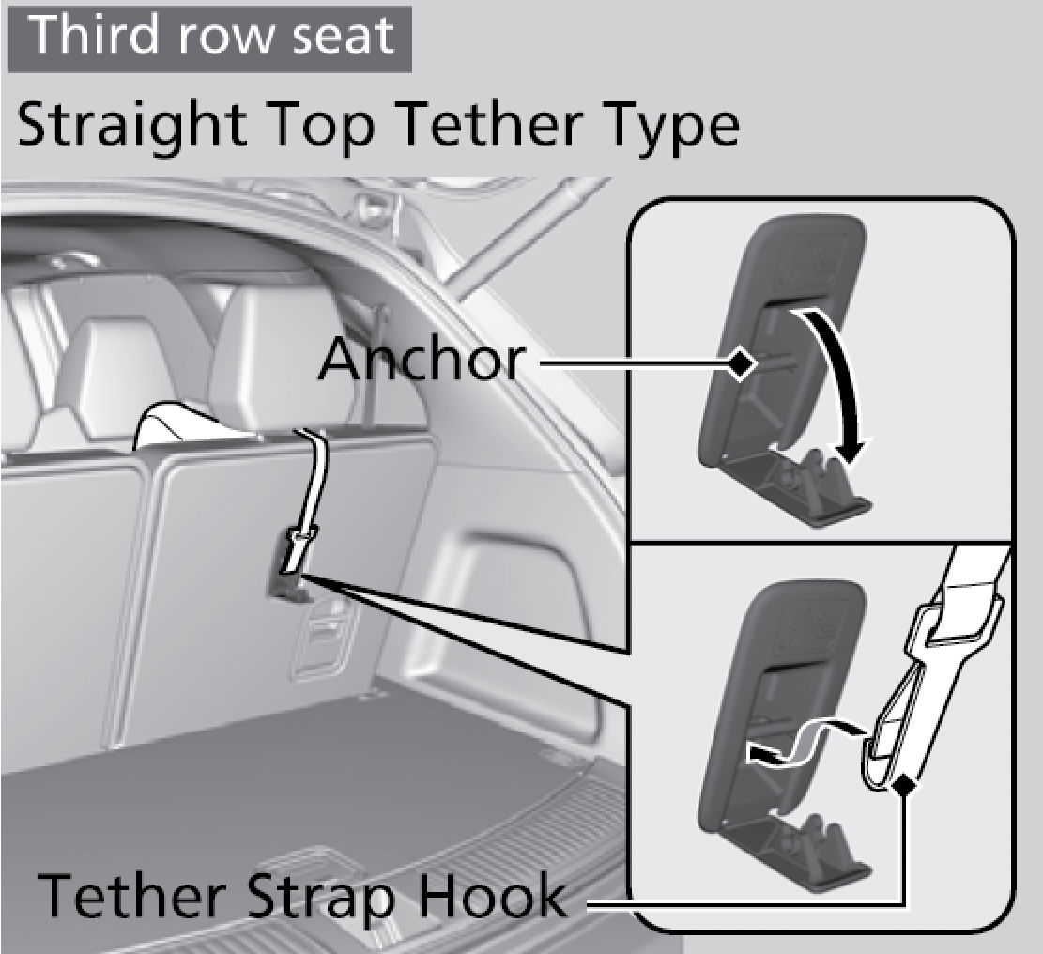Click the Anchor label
[x=422, y=360]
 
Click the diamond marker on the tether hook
[x=902, y=787]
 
